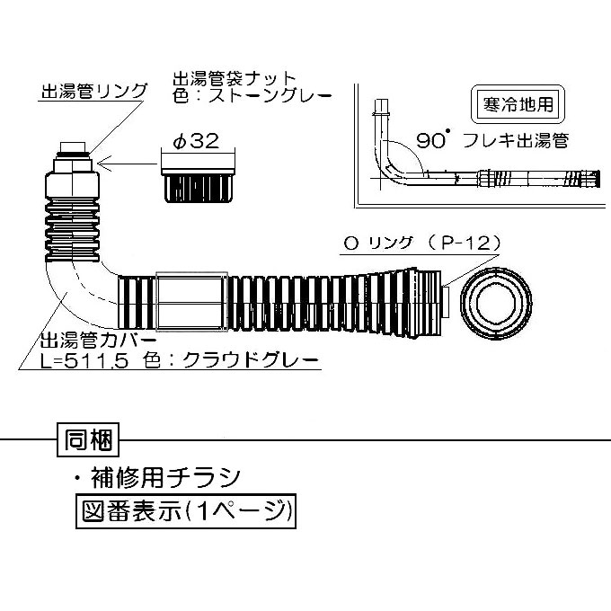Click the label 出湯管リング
(93, 92)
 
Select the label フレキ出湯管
(521, 140)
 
